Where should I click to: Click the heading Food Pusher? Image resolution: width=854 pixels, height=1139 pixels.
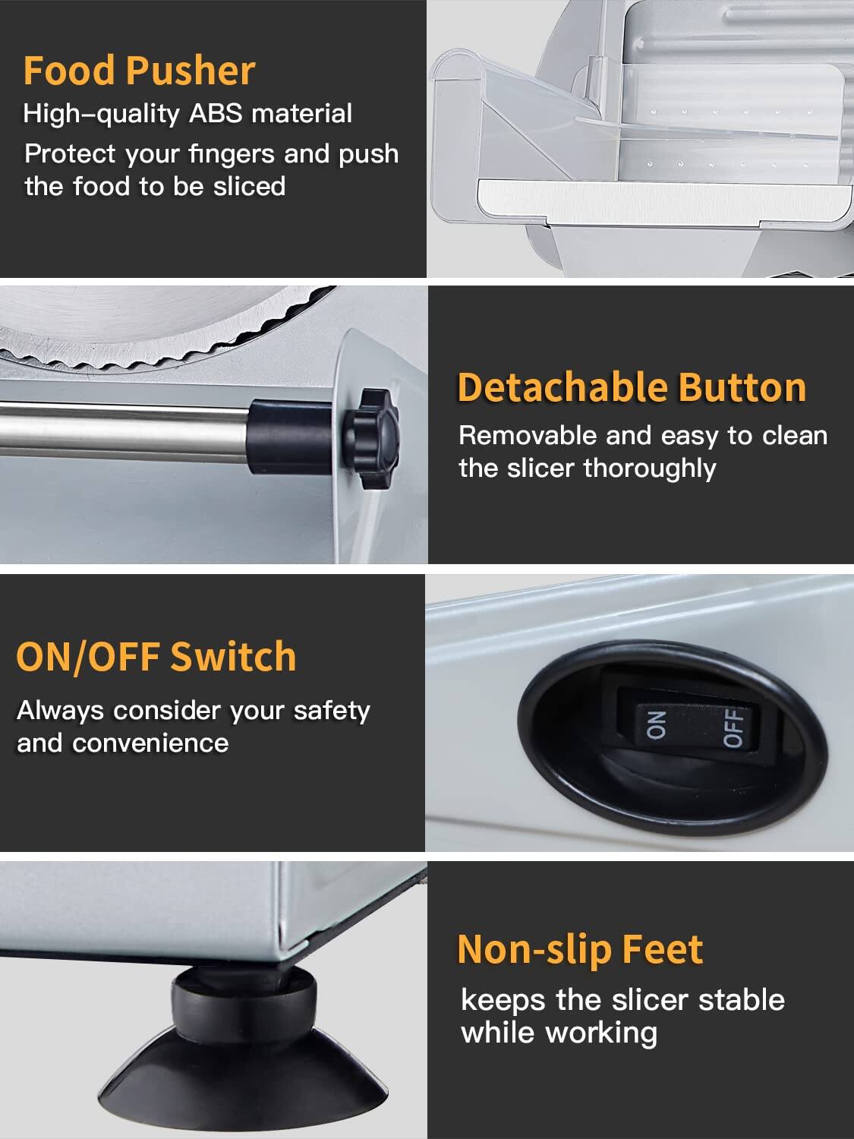coord(139,71)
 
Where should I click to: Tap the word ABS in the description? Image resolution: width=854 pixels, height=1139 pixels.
coord(216,114)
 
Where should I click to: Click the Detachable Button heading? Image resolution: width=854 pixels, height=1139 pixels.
coord(632,387)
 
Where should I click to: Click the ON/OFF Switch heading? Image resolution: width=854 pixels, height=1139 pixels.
coord(156,657)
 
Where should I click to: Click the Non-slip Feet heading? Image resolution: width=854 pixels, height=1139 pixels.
coord(580,949)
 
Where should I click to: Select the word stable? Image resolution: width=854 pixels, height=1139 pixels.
coord(742,1000)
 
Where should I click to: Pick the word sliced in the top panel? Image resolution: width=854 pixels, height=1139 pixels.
coord(249,187)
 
